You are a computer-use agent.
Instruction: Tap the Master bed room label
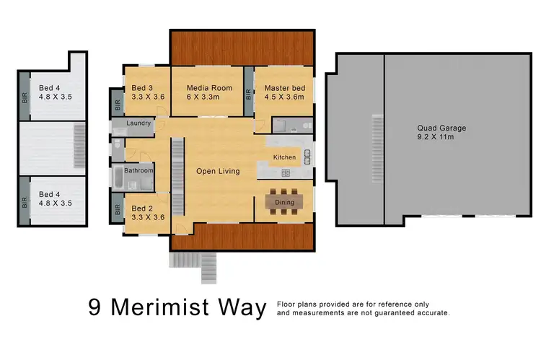284,88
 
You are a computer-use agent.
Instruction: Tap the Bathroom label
138,171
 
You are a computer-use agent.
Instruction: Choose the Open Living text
218,171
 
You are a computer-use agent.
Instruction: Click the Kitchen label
284,157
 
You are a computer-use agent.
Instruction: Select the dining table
284,203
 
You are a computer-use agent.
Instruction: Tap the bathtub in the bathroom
119,177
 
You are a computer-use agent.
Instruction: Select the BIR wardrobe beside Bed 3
117,102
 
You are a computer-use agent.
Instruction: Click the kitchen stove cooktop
285,173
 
